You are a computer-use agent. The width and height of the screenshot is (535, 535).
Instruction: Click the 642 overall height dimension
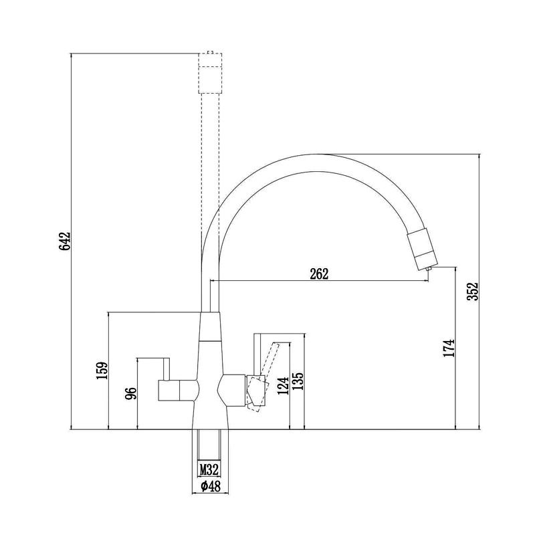pyautogui.click(x=64, y=241)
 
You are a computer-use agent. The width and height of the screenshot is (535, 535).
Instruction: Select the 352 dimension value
pyautogui.click(x=473, y=291)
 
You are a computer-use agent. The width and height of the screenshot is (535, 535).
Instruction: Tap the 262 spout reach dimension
pyautogui.click(x=319, y=274)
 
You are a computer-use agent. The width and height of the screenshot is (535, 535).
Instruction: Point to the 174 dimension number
pyautogui.click(x=449, y=348)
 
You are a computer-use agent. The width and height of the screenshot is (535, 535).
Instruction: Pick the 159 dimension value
pyautogui.click(x=102, y=370)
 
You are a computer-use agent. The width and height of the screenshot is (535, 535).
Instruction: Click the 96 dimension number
pyautogui.click(x=131, y=393)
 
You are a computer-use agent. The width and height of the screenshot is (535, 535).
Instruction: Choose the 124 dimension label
pyautogui.click(x=283, y=386)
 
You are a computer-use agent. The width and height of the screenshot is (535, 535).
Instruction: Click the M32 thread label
pyautogui.click(x=209, y=470)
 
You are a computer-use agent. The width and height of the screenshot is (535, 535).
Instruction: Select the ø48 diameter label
pyautogui.click(x=211, y=486)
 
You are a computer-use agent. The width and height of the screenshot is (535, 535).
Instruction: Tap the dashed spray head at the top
pyautogui.click(x=210, y=73)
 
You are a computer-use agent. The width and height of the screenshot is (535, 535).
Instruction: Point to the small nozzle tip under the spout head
pyautogui.click(x=429, y=270)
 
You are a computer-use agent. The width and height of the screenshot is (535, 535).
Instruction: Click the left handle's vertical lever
pyautogui.click(x=167, y=369)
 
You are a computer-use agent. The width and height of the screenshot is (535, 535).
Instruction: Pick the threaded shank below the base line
pyautogui.click(x=209, y=445)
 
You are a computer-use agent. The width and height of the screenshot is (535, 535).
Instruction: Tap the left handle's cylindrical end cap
pyautogui.click(x=169, y=391)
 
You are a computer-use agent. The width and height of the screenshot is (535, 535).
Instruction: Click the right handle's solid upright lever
pyautogui.click(x=257, y=355)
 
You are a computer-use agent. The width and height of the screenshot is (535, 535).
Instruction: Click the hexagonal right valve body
pyautogui.click(x=231, y=391)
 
